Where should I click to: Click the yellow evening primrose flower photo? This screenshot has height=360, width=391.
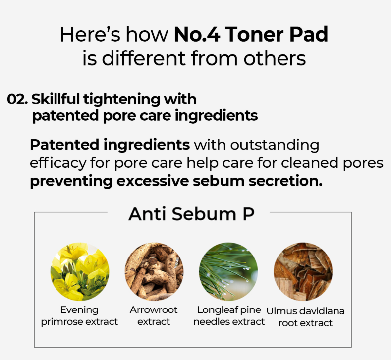(x=80, y=271)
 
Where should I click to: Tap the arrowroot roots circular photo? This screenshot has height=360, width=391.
(x=154, y=271)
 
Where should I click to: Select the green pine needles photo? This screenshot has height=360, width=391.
(x=228, y=271)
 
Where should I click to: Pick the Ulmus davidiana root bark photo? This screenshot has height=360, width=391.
(x=303, y=271)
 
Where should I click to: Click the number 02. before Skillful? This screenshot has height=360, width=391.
(x=17, y=99)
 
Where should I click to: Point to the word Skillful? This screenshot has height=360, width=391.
(x=56, y=99)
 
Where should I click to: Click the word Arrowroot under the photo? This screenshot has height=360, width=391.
(x=154, y=309)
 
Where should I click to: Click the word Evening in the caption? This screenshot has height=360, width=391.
(x=79, y=310)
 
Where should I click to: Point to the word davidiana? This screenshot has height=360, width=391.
(x=322, y=311)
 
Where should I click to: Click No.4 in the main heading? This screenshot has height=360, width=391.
(x=197, y=34)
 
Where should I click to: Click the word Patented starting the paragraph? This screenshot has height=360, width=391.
(x=64, y=145)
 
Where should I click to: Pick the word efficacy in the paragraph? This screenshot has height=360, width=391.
(x=58, y=164)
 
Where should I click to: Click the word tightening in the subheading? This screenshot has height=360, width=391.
(x=122, y=100)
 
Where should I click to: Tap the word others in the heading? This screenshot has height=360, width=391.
(x=275, y=58)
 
